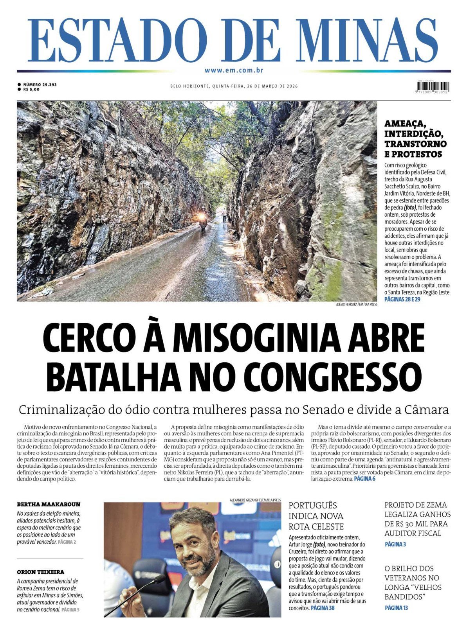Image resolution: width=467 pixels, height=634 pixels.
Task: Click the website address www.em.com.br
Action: (233, 70)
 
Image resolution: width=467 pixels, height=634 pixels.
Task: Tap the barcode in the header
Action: (433, 86)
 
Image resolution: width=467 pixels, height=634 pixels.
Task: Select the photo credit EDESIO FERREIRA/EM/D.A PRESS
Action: (356, 304)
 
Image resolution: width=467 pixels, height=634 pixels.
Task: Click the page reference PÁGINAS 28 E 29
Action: (402, 299)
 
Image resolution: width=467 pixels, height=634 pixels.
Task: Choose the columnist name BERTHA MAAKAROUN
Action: (49, 505)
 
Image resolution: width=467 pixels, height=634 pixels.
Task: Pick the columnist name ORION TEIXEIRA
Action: (41, 572)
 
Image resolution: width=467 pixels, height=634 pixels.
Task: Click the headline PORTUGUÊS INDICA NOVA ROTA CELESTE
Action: (316, 516)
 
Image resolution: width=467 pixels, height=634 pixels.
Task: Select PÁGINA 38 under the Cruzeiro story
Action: (322, 608)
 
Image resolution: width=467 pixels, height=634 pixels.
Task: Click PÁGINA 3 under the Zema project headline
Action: (395, 544)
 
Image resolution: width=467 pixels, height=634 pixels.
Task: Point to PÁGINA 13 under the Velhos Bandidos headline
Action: (396, 608)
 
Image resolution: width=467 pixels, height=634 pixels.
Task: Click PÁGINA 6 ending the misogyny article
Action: (364, 479)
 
